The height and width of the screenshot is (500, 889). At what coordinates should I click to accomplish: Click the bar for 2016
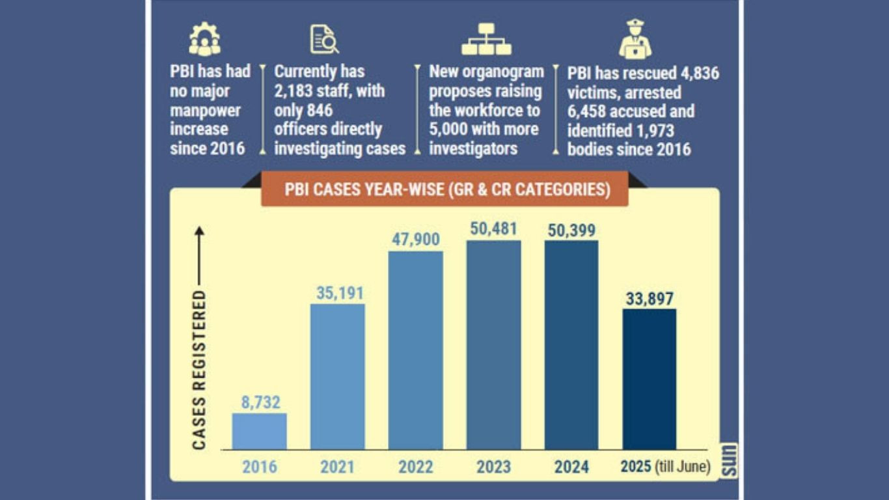point(259,431)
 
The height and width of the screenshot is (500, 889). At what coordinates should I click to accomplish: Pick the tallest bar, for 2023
point(493,345)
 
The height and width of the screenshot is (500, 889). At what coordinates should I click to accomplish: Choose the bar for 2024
point(571,345)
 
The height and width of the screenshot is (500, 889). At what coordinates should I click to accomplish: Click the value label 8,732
point(260,402)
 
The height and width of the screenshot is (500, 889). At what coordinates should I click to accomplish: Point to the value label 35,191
point(338,293)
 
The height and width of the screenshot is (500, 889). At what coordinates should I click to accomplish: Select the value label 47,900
point(415,239)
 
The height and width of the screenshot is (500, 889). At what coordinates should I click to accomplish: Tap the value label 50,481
point(493,229)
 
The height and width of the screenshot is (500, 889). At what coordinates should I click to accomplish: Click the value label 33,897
point(650,298)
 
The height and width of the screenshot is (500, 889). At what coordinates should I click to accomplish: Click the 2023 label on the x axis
point(493,467)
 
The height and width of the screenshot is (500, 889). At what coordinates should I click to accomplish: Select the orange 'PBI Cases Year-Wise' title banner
point(447,189)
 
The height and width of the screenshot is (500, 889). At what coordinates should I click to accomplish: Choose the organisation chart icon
point(486,40)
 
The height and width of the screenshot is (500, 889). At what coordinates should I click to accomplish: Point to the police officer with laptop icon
point(635,40)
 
